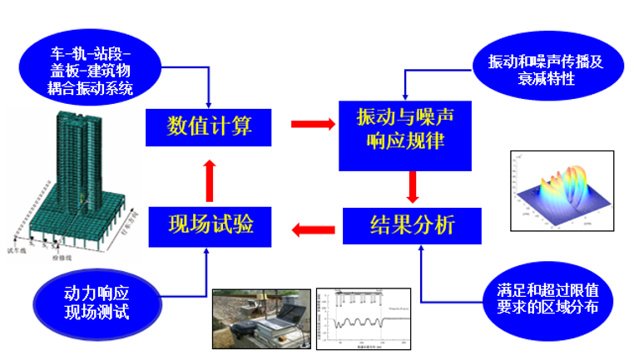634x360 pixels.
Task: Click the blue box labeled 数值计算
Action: pyautogui.click(x=209, y=126)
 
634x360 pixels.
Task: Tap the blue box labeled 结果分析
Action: pyautogui.click(x=412, y=224)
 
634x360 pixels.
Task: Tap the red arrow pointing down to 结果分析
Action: pyautogui.click(x=412, y=187)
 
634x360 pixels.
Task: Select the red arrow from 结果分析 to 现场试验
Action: pyautogui.click(x=315, y=225)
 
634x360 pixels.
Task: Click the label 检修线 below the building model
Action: pyautogui.click(x=63, y=259)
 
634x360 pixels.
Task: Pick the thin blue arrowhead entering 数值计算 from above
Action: pyautogui.click(x=208, y=101)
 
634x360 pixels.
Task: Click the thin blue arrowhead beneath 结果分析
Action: pyautogui.click(x=421, y=250)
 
